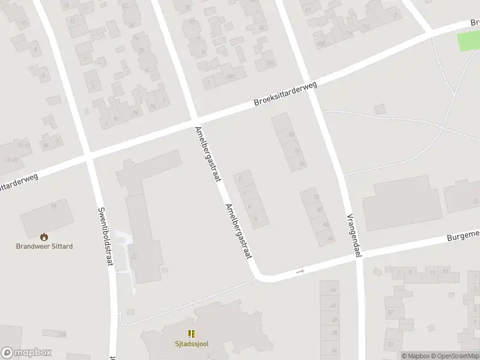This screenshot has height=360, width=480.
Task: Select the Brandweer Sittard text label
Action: [44, 246]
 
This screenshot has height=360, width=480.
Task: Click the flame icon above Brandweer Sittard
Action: [44, 237]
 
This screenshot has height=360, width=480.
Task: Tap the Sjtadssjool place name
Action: [192, 344]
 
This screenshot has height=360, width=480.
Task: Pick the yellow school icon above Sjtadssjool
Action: [192, 334]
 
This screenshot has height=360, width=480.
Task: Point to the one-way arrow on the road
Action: [301, 271]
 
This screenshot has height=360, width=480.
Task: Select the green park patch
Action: [469, 41]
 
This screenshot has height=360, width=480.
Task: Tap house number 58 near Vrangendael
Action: [292, 134]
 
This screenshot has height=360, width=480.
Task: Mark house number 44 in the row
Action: [333, 290]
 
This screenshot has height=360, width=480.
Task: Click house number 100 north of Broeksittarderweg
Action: [229, 76]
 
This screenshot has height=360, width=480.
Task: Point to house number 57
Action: [391, 312]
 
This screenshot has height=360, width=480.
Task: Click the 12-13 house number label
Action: [25, 145]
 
